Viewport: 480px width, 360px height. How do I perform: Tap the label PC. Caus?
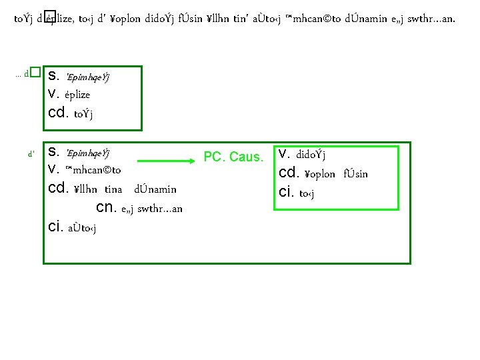(233, 157)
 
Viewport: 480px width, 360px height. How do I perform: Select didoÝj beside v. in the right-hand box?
(311, 155)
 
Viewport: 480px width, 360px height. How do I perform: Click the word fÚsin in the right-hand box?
(355, 174)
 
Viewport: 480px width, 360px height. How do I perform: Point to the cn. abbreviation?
(107, 207)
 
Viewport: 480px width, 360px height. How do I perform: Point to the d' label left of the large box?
(31, 153)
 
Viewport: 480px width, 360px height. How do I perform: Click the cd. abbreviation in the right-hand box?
(289, 173)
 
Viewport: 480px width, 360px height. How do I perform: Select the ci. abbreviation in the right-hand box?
(287, 193)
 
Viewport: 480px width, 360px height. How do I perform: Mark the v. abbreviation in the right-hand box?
(285, 155)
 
